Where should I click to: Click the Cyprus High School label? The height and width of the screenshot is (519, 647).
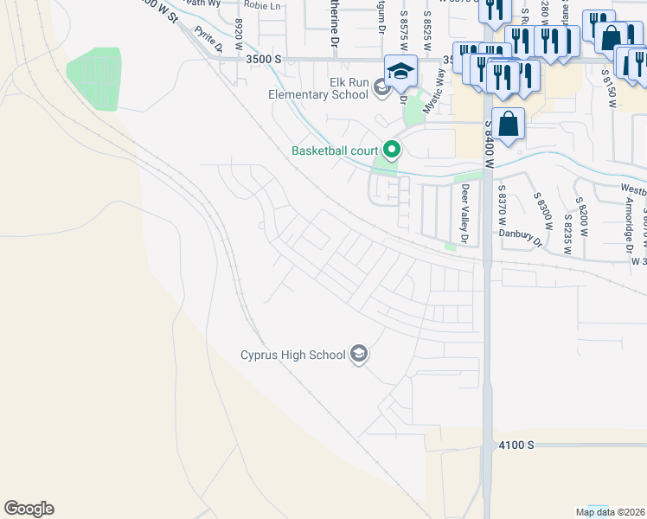tap(293, 354)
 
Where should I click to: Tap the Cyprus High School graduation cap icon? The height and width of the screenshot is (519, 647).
tap(359, 354)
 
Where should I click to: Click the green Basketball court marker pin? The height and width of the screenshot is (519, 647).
tap(392, 151)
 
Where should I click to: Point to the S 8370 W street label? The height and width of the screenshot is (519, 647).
tap(502, 208)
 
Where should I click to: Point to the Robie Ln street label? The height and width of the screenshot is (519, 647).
tap(263, 5)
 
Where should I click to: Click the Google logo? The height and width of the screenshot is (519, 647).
tap(29, 509)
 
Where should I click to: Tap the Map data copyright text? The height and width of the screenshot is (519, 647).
tap(611, 512)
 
